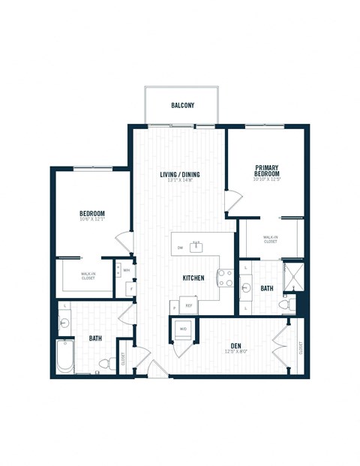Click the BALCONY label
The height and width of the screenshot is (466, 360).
182,106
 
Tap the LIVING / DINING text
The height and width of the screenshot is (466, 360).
179,175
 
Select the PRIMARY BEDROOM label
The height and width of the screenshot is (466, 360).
267,170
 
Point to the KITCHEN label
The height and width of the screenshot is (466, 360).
193,278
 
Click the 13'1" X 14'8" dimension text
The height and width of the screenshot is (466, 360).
179,182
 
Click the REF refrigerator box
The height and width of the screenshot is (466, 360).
190,306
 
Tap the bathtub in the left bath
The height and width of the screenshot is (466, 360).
65,357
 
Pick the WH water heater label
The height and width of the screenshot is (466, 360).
126,270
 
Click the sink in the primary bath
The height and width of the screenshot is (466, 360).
247,287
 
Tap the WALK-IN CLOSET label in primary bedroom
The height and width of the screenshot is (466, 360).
270,240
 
